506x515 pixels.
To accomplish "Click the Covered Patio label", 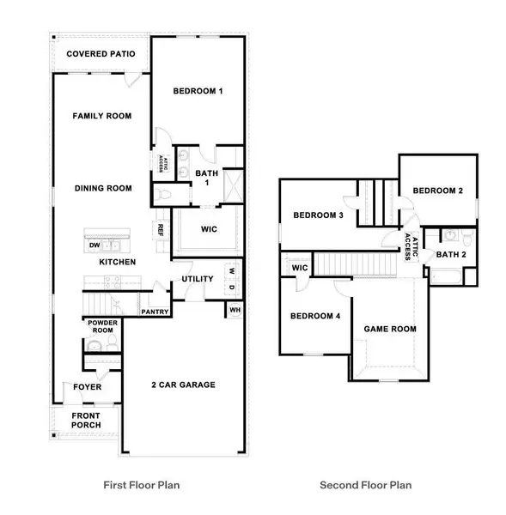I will pos(101,54).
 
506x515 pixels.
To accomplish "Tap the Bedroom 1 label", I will pos(198,91).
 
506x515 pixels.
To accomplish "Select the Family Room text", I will pos(102,115).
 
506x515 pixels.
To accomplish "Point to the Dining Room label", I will pos(102,188).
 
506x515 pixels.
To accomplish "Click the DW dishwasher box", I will pos(94,245).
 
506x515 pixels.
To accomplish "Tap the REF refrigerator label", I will pos(161,229).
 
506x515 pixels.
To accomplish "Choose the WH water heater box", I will pos(234,310).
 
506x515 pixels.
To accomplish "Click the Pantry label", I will pos(155,311).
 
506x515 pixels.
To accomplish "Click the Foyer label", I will pos(87,387).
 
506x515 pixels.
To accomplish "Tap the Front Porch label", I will pos(86,421).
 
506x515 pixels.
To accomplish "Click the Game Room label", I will pos(390,329).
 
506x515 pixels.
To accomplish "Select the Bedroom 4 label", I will pos(315,316).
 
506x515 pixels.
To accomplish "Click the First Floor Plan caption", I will pos(142,485).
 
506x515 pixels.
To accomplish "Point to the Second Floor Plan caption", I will pos(366,485).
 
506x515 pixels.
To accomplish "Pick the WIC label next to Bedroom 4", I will pos(300,268).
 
